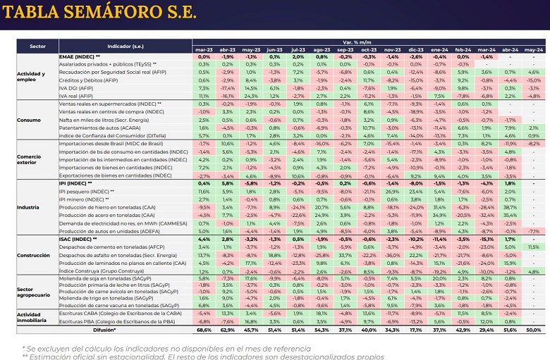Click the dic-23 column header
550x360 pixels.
(416, 51)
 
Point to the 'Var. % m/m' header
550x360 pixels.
(368, 44)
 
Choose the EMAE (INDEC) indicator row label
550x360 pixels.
(79, 57)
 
